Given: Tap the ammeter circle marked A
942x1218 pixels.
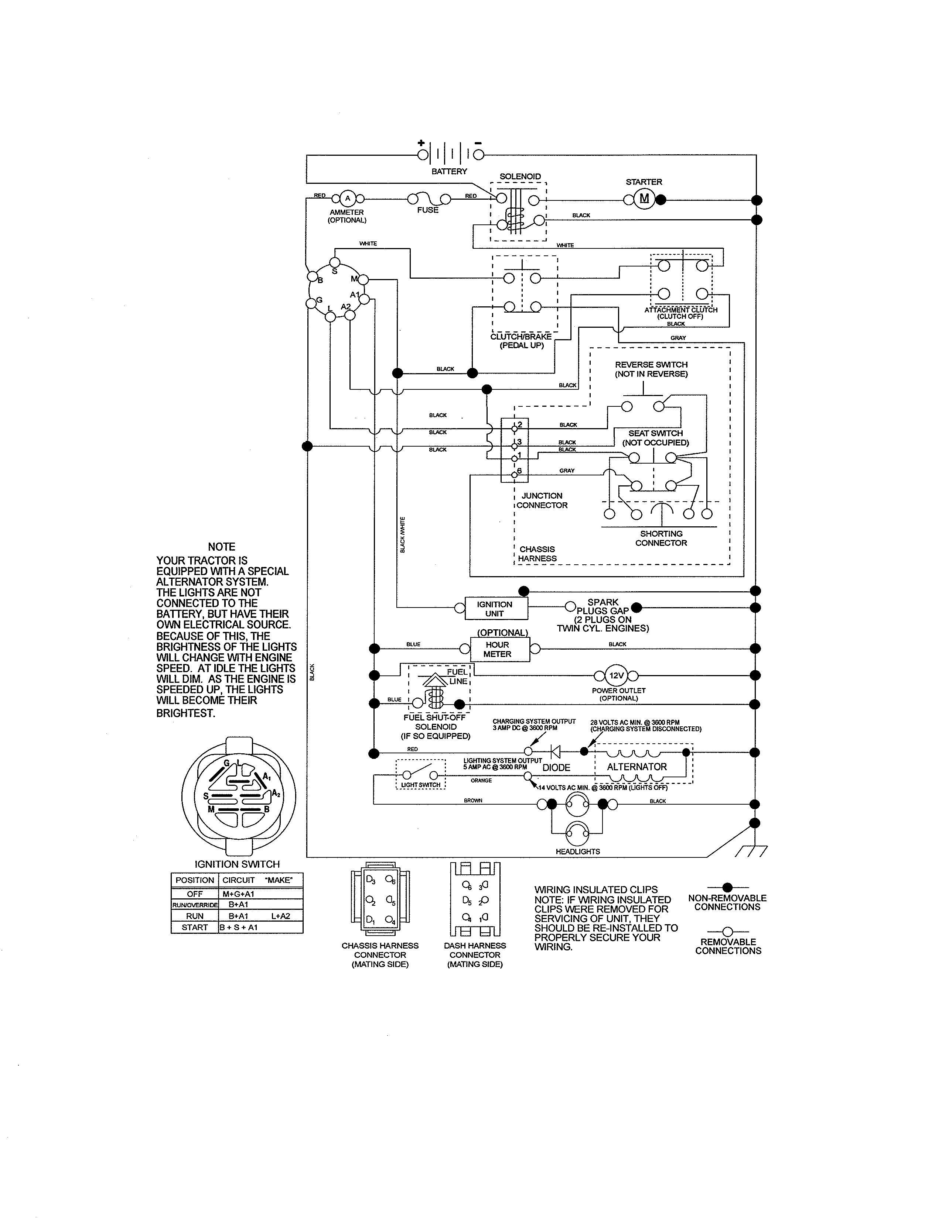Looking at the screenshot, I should click(348, 199).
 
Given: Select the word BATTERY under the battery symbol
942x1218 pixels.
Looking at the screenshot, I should click(449, 172).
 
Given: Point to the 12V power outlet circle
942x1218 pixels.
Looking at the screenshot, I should click(616, 676).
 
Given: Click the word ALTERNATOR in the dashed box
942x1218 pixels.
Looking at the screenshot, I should click(637, 767).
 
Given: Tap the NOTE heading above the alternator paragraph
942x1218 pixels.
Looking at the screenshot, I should click(222, 547).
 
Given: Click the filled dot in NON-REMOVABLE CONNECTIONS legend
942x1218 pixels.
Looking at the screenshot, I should click(727, 887).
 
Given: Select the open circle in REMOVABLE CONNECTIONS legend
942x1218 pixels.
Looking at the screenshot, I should click(727, 931).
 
